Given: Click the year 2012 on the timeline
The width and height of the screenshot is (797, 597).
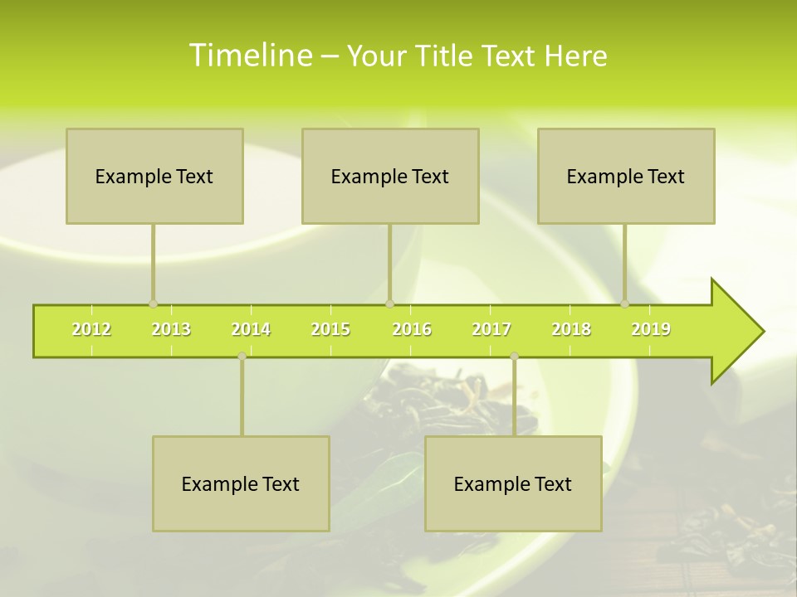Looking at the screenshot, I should tap(91, 329).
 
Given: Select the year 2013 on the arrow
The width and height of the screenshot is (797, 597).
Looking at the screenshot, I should tap(171, 329).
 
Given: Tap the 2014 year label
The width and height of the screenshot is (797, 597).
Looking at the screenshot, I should tap(251, 329).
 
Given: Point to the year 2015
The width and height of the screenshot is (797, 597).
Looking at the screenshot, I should tap(330, 329).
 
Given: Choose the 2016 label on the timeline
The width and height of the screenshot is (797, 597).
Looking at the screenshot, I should tap(412, 329).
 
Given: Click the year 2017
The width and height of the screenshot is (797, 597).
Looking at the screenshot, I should tap(491, 329).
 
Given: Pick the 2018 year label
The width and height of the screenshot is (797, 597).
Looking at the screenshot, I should tap(571, 329).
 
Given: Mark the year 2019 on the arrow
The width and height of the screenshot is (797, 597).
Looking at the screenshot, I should tap(651, 329).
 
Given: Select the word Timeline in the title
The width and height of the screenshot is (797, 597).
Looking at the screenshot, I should tap(249, 56).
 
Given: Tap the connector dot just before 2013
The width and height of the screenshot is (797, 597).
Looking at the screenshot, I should tap(153, 304).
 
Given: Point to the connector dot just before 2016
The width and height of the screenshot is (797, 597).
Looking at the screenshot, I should tap(389, 304).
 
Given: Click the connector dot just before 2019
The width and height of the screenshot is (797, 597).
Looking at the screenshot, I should tap(625, 304).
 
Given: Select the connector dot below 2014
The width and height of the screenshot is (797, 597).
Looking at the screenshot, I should tap(242, 356).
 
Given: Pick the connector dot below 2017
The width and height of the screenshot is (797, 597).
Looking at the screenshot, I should tap(514, 356).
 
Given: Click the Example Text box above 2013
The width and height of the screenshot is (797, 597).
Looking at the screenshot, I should tap(154, 176).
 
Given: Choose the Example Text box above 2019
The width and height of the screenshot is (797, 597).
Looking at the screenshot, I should tap(626, 176).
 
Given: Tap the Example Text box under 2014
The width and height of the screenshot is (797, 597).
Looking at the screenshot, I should tap(241, 483).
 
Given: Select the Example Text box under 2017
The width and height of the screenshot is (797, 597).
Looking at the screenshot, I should tap(513, 483).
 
